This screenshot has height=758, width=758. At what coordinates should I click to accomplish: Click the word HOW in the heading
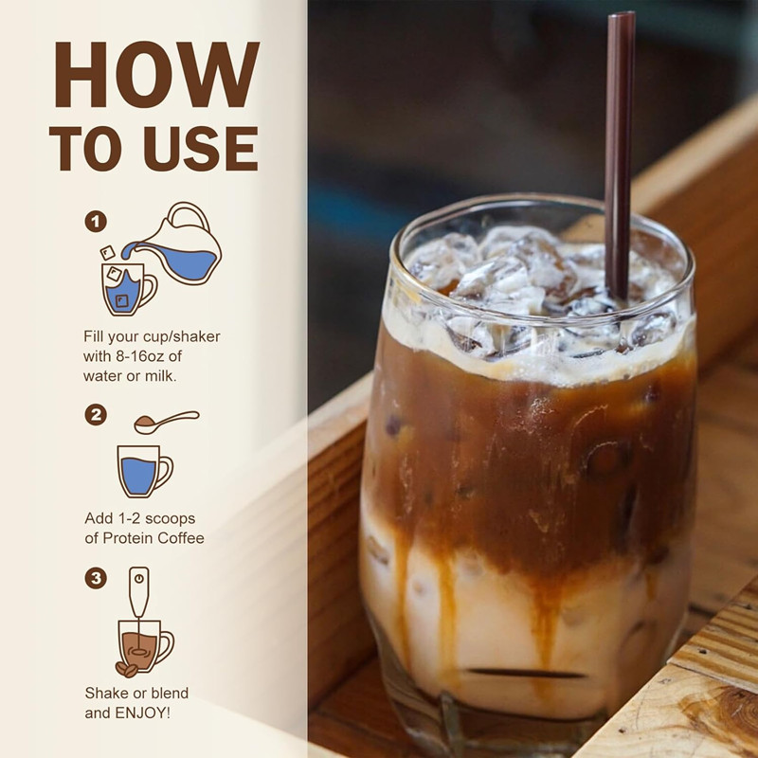pyautogui.click(x=156, y=75)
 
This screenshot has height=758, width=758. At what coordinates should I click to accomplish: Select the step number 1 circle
pyautogui.click(x=95, y=222)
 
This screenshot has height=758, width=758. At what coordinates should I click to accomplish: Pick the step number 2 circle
pyautogui.click(x=95, y=414)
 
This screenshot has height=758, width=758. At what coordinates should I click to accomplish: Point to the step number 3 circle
pyautogui.click(x=95, y=577)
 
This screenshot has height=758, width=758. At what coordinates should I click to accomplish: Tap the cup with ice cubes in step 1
pyautogui.click(x=127, y=288)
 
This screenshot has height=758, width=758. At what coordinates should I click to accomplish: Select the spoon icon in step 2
pyautogui.click(x=166, y=421)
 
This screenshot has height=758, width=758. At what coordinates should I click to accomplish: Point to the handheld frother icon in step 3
pyautogui.click(x=139, y=597)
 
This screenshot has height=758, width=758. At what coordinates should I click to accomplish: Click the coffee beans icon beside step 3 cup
pyautogui.click(x=126, y=669)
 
